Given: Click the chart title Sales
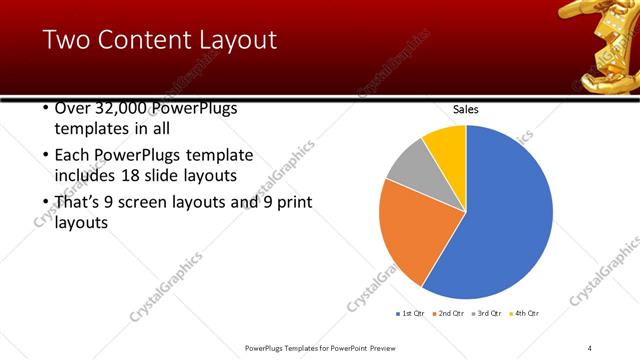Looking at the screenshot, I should tap(466, 109).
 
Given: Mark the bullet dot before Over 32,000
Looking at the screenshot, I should tap(46, 107).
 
